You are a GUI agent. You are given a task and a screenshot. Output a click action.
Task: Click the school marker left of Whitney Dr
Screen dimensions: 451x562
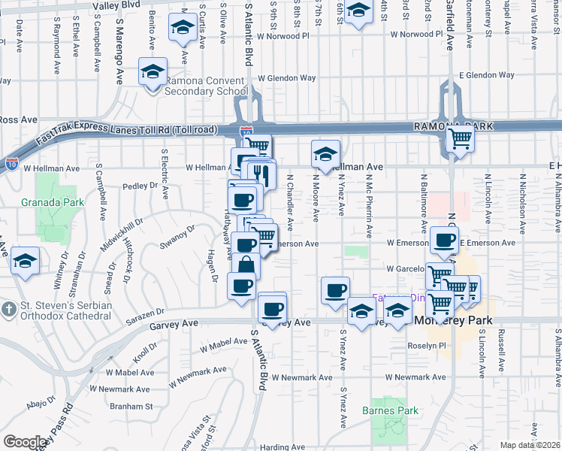[x=26, y=260]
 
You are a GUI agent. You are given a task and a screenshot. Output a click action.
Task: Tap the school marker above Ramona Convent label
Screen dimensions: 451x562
[x=153, y=73]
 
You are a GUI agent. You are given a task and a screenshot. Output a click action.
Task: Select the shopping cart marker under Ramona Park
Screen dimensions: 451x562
[x=459, y=138]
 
